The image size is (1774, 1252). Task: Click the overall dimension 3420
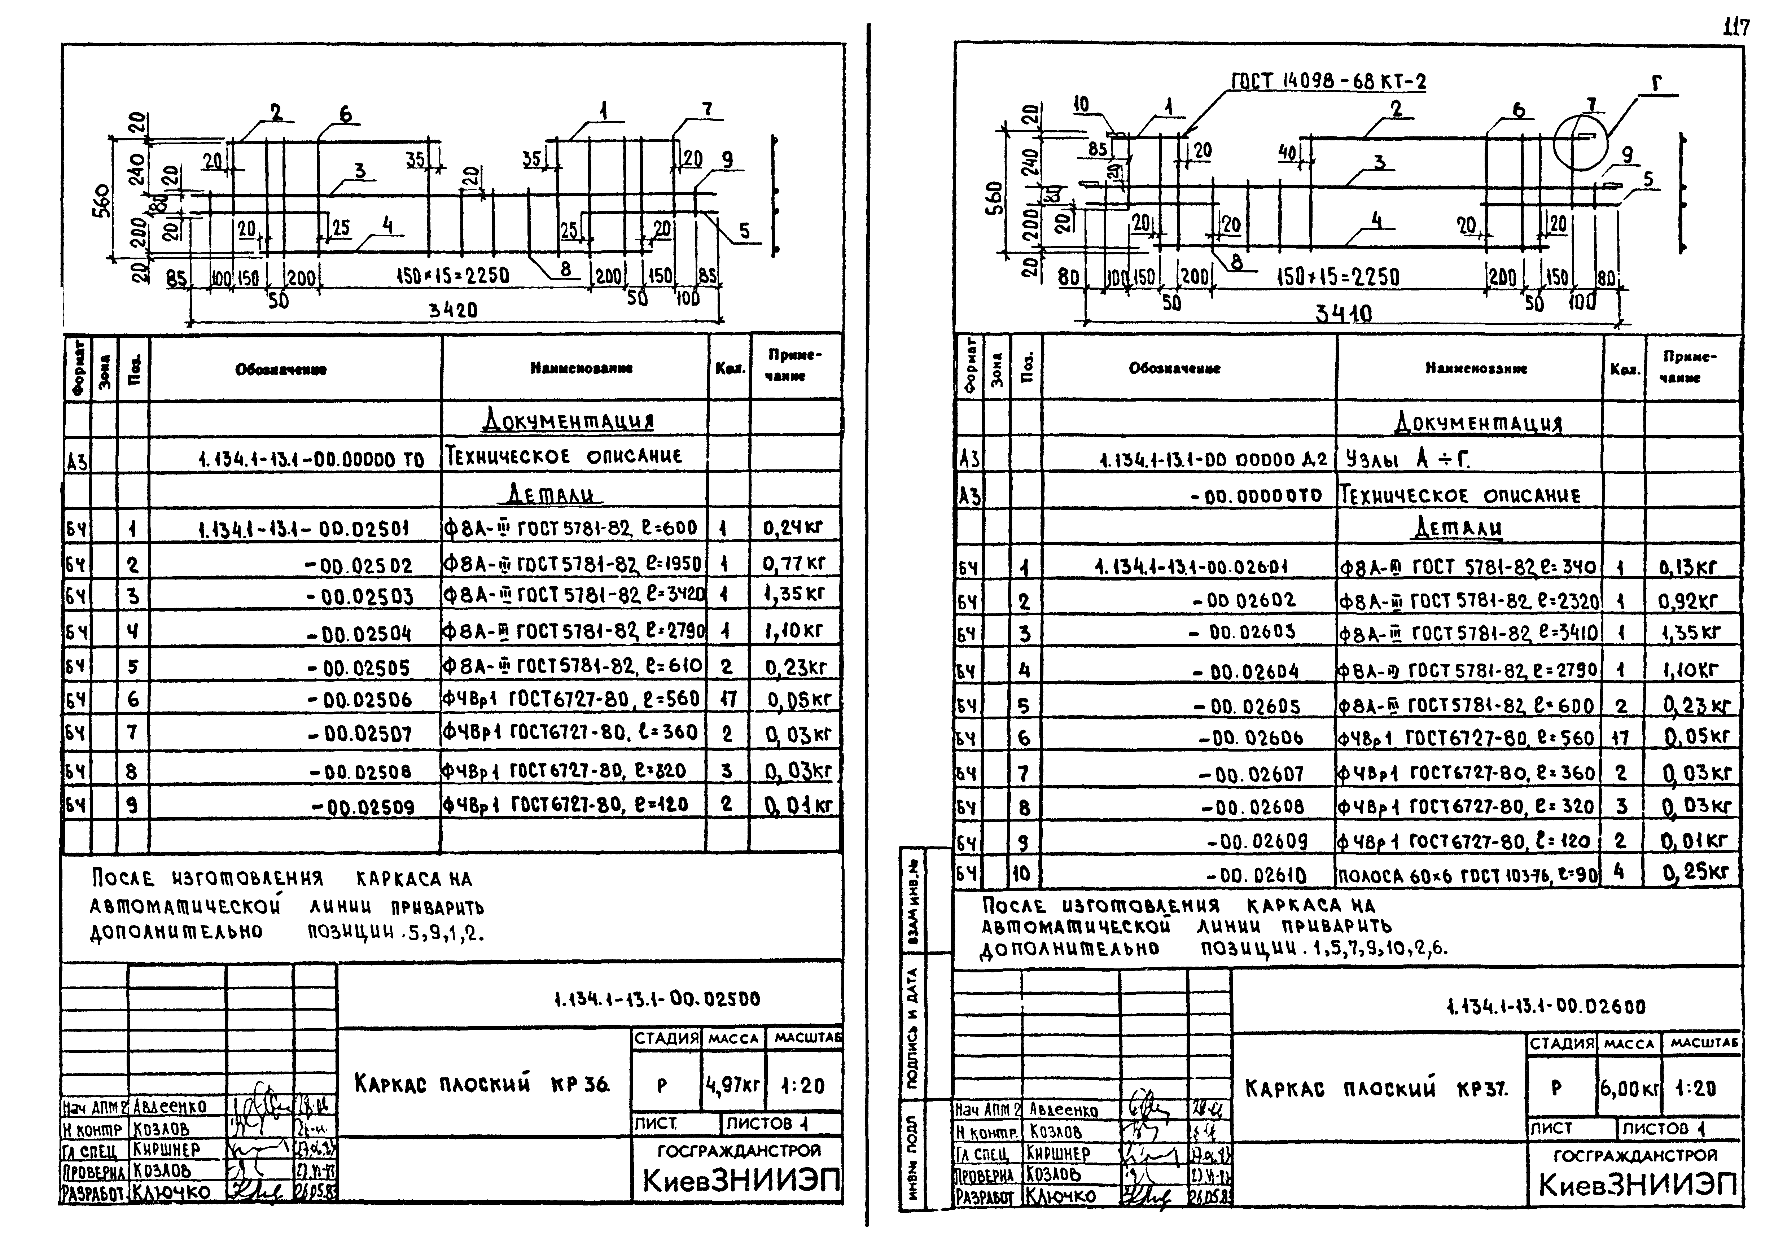(454, 310)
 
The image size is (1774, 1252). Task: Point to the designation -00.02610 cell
(1256, 876)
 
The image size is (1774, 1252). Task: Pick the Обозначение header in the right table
(1174, 369)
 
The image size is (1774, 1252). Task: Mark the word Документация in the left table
(568, 420)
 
